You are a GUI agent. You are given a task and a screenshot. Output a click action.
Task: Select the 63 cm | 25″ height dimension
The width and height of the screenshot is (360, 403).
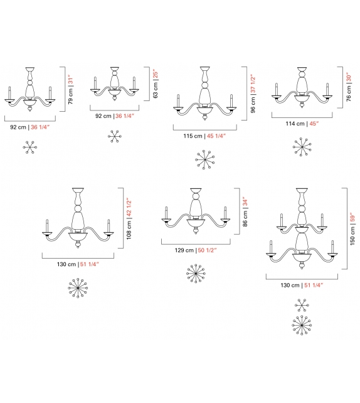(x=156, y=83)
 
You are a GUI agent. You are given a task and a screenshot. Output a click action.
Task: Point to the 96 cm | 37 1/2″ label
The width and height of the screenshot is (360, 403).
(x=253, y=94)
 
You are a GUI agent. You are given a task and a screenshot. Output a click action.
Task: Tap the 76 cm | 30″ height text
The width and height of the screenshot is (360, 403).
(x=349, y=87)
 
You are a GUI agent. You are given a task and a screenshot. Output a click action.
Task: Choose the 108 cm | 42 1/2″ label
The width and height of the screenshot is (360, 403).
(x=129, y=218)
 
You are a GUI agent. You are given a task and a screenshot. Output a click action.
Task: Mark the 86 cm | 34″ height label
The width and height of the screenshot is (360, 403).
(x=245, y=212)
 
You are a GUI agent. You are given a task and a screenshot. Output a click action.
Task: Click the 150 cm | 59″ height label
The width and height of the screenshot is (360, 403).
(x=352, y=229)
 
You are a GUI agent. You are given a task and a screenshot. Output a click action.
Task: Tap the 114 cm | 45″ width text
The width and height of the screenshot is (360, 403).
(x=302, y=124)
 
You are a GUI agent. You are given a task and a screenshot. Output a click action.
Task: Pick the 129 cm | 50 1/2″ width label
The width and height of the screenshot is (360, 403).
(x=196, y=250)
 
